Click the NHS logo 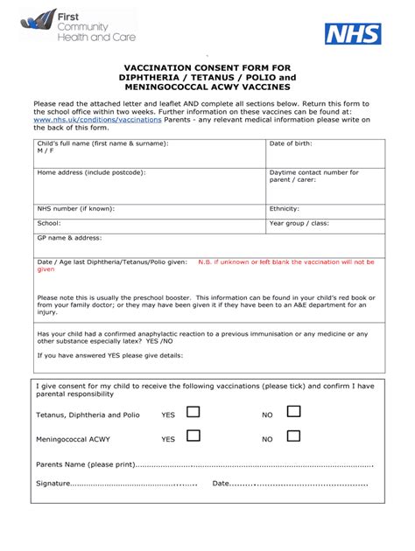pyautogui.click(x=353, y=34)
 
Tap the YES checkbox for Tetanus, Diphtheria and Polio pyautogui.click(x=193, y=412)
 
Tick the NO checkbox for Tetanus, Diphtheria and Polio pyautogui.click(x=294, y=412)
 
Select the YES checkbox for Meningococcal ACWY pyautogui.click(x=193, y=436)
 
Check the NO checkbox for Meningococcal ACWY pyautogui.click(x=294, y=436)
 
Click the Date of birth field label pyautogui.click(x=291, y=143)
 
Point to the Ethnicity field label pyautogui.click(x=285, y=209)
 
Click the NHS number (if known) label pyautogui.click(x=75, y=209)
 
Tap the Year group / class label pyautogui.click(x=299, y=223)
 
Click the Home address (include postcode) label pyautogui.click(x=91, y=172)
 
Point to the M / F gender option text pyautogui.click(x=45, y=150)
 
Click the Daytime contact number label pyautogui.click(x=313, y=172)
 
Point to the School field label pyautogui.click(x=48, y=223)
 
